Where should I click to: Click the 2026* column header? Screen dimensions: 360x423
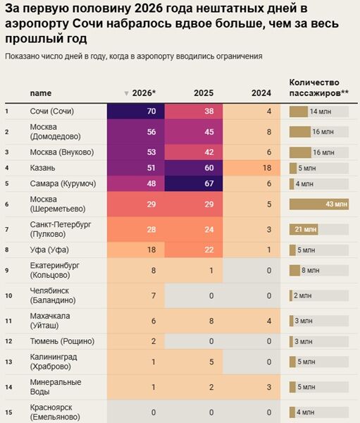coord(144,93)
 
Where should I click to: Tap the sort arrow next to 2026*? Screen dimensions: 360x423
coord(126,94)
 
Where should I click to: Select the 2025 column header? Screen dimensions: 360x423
coord(204,93)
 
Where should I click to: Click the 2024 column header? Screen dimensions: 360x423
coord(261,93)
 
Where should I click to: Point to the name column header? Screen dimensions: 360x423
coord(41,93)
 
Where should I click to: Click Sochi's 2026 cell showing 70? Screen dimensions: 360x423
coord(136,111)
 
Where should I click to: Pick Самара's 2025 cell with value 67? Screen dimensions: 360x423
coord(194,183)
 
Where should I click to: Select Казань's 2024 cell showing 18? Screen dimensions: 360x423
coord(252,168)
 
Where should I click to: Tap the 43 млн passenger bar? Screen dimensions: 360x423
coord(319,204)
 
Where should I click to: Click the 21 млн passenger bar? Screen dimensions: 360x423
coord(304,230)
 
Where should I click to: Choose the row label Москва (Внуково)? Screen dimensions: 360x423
coord(62,152)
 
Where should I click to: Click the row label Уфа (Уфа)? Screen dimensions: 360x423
coord(49,250)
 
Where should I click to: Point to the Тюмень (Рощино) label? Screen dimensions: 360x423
coord(62,341)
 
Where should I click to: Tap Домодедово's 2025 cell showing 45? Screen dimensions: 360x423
coord(194,132)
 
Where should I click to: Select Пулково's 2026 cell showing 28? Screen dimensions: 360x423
coord(136,229)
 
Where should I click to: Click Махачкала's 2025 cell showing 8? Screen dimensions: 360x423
coord(194,321)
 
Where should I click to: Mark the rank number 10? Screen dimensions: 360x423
coord(8,295)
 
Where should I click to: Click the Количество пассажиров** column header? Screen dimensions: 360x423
coord(319,87)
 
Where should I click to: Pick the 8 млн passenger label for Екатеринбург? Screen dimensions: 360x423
coord(311,270)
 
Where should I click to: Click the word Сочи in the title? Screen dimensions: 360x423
coord(88,24)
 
